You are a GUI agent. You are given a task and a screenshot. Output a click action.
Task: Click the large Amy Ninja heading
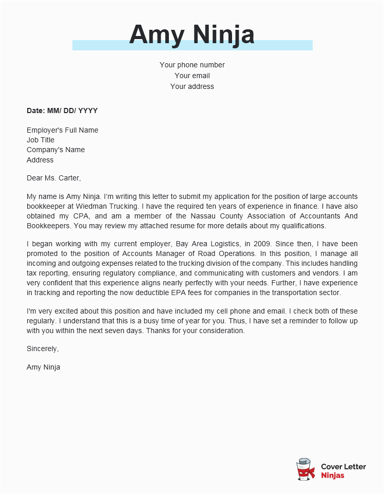[x=191, y=34]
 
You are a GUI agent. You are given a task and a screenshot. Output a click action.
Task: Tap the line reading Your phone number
[x=192, y=65]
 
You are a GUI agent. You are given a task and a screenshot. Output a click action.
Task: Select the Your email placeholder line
[x=192, y=76]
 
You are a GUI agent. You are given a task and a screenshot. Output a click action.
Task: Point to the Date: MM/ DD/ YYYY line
[x=62, y=111]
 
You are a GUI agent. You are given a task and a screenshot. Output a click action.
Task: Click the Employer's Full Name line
[x=62, y=130]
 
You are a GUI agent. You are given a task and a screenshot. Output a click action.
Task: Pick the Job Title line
[x=41, y=140]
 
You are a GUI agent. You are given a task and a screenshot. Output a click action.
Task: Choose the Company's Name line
[x=55, y=150]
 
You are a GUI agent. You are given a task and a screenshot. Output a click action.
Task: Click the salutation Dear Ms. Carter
[x=53, y=178]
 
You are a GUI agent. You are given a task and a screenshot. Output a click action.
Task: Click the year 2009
[x=254, y=244]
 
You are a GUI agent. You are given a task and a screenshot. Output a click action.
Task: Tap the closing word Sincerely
[x=42, y=349]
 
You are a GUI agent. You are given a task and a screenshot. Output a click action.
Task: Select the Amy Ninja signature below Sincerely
[x=43, y=367]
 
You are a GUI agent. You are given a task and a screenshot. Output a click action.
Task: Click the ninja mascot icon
[x=306, y=469]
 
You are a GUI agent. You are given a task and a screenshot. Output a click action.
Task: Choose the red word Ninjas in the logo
[x=333, y=475]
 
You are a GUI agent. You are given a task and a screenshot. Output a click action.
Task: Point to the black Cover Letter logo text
[x=343, y=467]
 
